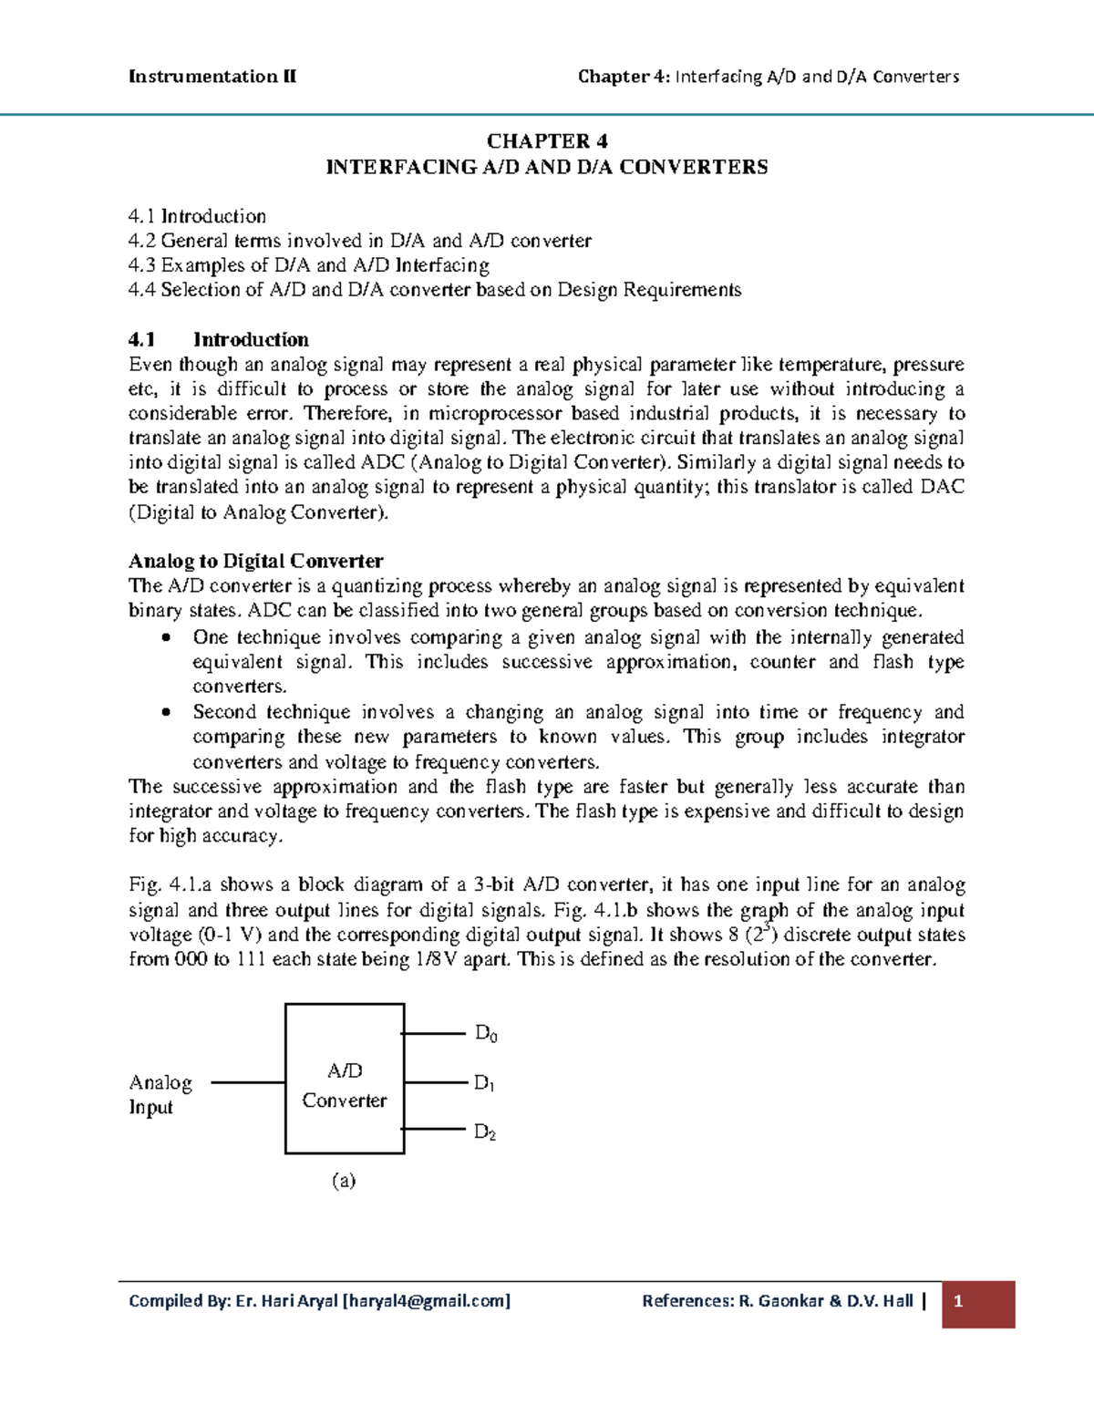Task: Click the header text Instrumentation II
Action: (x=212, y=77)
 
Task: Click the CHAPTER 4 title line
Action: (x=547, y=140)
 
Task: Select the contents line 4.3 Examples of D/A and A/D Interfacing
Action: (x=309, y=265)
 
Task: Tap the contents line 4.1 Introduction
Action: (x=197, y=216)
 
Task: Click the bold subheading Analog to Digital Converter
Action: (x=255, y=561)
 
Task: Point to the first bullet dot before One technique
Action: (x=165, y=637)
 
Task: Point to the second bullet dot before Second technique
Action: (x=165, y=712)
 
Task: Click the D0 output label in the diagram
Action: (x=486, y=1034)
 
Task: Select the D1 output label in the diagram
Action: (x=484, y=1083)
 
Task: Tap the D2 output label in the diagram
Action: (x=485, y=1132)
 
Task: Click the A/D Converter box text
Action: (x=345, y=1085)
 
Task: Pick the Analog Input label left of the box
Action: (x=160, y=1094)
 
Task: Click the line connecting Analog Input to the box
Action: (x=248, y=1082)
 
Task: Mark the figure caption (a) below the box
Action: (x=344, y=1181)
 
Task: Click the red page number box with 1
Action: (x=978, y=1303)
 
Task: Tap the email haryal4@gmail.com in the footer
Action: (x=426, y=1301)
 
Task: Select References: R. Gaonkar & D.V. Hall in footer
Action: (x=777, y=1301)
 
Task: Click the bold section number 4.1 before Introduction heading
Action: (x=142, y=339)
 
